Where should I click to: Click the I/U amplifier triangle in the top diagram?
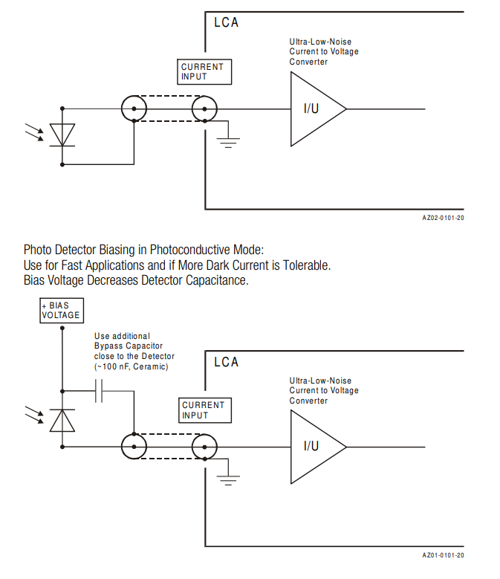click(315, 109)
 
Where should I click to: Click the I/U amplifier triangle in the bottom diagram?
click(315, 446)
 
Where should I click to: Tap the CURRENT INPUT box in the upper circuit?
click(202, 72)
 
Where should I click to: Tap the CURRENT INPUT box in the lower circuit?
click(203, 410)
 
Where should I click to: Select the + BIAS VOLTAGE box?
click(61, 310)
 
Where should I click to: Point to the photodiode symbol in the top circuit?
click(62, 135)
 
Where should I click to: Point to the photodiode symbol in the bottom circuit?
click(62, 421)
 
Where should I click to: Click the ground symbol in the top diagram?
click(229, 140)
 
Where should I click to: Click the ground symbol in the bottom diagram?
click(229, 479)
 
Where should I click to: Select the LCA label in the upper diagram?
click(227, 22)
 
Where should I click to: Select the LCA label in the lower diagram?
click(227, 362)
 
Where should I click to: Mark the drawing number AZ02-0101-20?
click(443, 218)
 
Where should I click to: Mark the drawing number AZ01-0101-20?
click(443, 555)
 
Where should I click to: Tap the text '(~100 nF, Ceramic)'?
click(132, 367)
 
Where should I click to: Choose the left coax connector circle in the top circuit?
click(134, 109)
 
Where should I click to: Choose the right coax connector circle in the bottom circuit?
click(204, 447)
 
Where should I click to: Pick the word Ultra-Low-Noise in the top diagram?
click(319, 42)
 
